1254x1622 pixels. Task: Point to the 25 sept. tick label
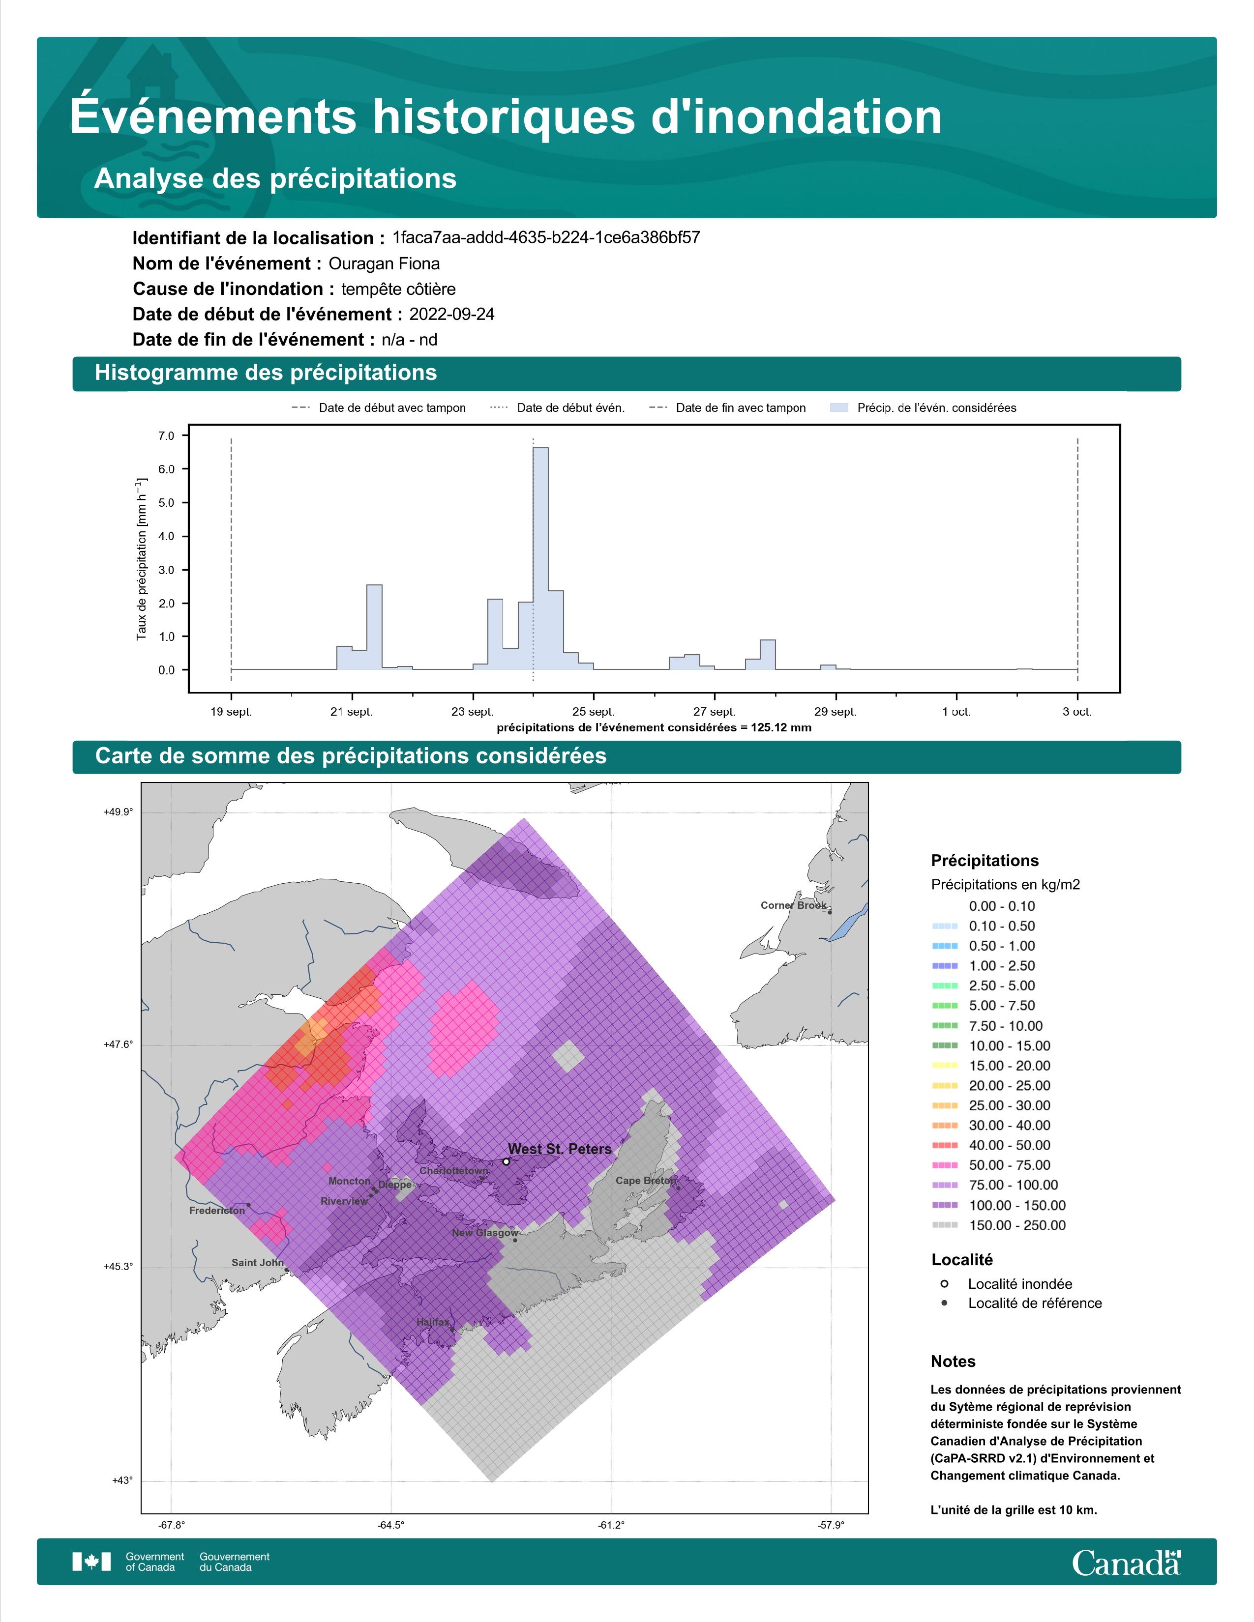(x=594, y=712)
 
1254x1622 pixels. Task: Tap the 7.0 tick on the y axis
(x=166, y=436)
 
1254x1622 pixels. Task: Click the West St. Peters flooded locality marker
(x=506, y=1161)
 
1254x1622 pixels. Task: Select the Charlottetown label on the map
(x=454, y=1170)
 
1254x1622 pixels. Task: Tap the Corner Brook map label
(x=793, y=905)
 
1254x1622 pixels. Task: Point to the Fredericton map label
(x=217, y=1211)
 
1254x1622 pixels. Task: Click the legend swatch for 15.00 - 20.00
(x=944, y=1066)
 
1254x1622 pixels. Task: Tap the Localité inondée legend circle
(x=944, y=1283)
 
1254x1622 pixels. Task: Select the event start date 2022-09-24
(x=451, y=314)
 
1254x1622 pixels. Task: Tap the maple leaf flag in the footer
(x=91, y=1562)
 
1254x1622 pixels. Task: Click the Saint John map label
(x=258, y=1263)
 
